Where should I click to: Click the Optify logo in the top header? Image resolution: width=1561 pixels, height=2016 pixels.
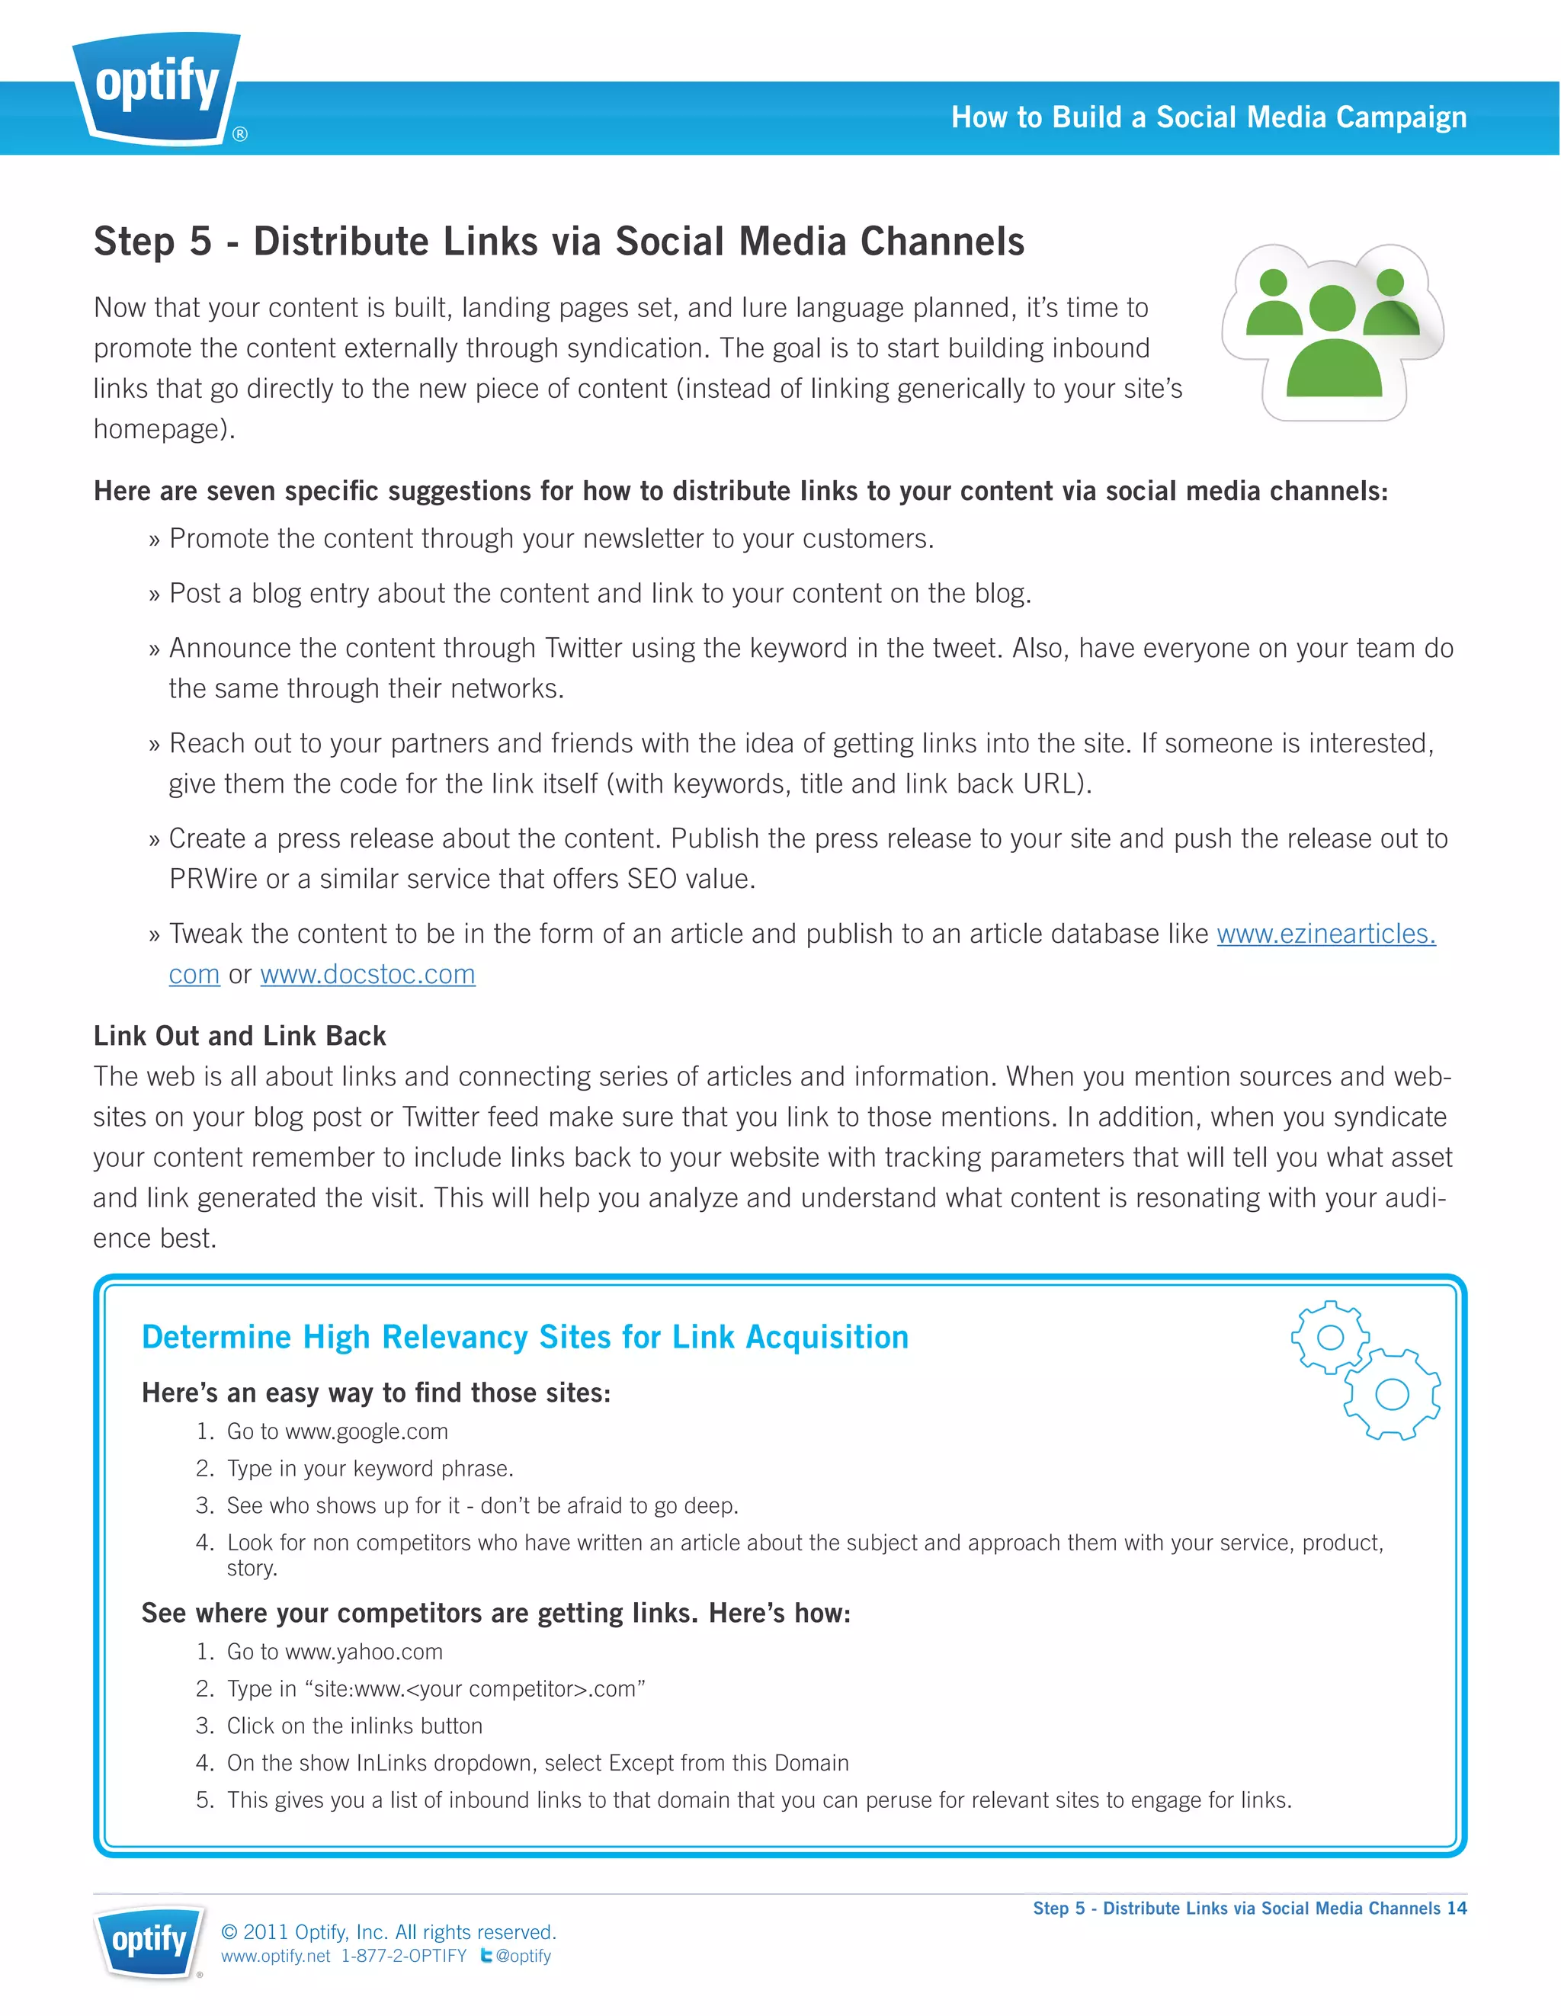pos(157,88)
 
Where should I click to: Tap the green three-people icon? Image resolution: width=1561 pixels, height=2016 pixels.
pos(1332,332)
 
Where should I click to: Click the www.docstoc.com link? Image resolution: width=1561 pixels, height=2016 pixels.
pos(367,975)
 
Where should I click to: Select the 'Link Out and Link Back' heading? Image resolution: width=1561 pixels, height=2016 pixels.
pos(239,1036)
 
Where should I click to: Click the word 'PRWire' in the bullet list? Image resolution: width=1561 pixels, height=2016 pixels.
pos(213,879)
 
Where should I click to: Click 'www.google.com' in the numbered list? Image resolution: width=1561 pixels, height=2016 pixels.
pos(367,1431)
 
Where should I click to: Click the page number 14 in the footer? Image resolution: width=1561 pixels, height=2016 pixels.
pos(1456,1908)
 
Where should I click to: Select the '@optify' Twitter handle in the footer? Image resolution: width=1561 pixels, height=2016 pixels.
pos(524,1956)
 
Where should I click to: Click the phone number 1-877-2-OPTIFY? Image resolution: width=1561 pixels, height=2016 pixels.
pos(403,1956)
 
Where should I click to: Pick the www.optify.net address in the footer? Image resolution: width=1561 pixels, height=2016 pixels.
pos(275,1956)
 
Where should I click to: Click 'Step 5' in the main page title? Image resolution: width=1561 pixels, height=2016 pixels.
pos(152,242)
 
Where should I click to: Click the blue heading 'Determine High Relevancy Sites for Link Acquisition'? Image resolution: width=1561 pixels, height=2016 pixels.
pos(524,1337)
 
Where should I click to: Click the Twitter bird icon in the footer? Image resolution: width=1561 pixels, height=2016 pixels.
pos(486,1955)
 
